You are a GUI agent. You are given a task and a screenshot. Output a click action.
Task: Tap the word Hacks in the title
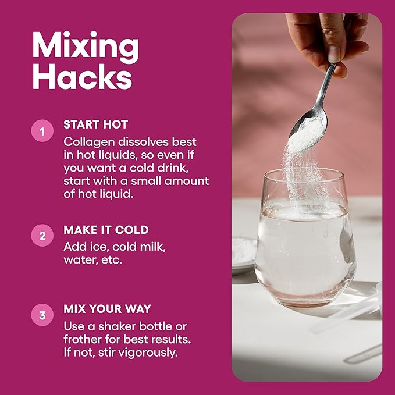click(83, 76)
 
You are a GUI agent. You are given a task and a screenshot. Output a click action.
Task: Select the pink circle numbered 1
click(42, 131)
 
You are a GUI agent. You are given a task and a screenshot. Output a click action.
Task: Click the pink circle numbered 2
click(42, 236)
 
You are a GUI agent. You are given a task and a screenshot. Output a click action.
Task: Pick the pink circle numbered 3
click(42, 315)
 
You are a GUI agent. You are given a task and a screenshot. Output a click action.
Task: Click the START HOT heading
click(96, 124)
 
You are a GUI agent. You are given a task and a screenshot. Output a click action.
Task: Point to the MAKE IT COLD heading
click(106, 230)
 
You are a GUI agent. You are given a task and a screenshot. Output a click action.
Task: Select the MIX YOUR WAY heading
click(107, 309)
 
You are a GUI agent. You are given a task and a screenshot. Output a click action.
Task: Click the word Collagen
click(89, 143)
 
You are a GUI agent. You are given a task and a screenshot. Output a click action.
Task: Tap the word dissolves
click(144, 142)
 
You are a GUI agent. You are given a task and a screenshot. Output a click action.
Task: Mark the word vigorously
click(148, 353)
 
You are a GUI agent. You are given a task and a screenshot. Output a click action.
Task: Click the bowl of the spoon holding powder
click(308, 132)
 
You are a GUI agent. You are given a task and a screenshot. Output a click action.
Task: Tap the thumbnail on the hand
click(334, 54)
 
